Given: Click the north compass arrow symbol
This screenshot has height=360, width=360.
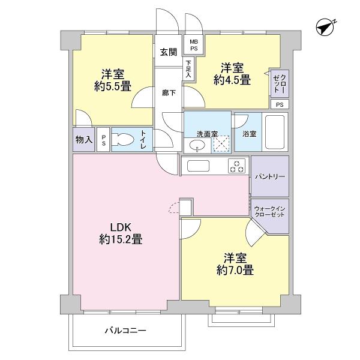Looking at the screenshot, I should [326, 27].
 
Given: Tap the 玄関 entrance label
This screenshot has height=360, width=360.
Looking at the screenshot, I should [168, 52].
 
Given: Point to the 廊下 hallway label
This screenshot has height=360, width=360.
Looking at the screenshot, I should [169, 93].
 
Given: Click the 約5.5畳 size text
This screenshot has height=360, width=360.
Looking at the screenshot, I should [112, 86].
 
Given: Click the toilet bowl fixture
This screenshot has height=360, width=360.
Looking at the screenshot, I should [124, 140].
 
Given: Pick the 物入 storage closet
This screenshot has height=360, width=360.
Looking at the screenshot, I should [84, 140].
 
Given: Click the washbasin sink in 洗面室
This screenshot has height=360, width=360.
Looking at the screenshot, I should [196, 144].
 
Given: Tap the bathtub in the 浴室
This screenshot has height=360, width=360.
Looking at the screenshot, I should [276, 133].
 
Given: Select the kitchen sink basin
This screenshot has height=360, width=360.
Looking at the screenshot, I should [197, 166].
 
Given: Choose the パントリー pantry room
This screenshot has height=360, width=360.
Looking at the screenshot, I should [269, 176].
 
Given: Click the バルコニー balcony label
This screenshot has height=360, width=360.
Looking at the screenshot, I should [126, 330].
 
